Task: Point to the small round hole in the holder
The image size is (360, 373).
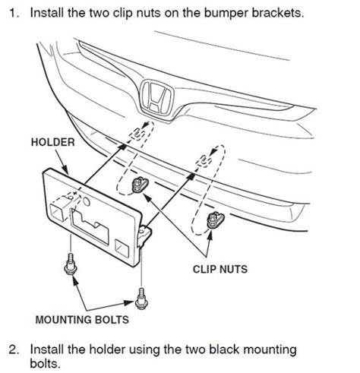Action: pyautogui.click(x=87, y=202)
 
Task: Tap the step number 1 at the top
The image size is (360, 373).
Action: pyautogui.click(x=14, y=14)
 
